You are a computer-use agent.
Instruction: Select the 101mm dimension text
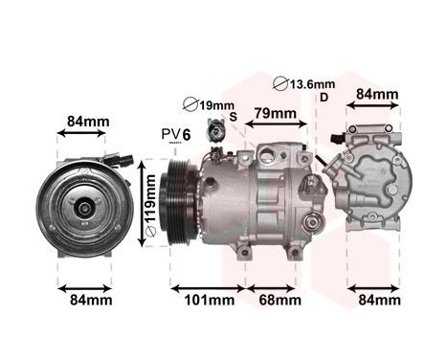208,301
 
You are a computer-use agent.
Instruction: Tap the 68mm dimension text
278,301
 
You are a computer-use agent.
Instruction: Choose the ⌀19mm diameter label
208,104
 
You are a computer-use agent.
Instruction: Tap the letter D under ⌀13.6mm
324,98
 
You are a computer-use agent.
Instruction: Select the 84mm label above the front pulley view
89,122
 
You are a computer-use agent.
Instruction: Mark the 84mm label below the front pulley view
89,301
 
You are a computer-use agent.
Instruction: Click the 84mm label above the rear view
376,94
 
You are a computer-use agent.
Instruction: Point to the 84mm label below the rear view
376,301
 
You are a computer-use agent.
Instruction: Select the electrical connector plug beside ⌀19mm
223,133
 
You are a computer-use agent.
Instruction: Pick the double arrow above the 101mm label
208,286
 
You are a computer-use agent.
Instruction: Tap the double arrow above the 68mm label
278,286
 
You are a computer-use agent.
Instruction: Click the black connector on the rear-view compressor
337,141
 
